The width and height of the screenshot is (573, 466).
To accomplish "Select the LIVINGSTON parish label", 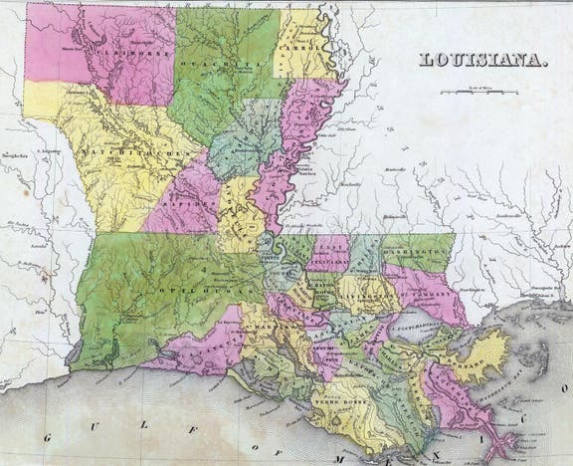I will (x=370, y=295).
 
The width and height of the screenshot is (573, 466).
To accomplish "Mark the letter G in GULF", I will (x=60, y=435).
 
